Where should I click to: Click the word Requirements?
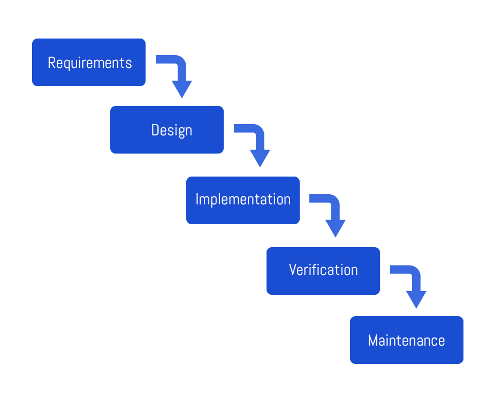coord(89,63)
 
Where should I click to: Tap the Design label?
coord(171,130)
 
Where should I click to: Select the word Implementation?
coord(243,200)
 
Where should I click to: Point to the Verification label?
coord(323,270)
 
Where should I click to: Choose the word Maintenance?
coord(406,340)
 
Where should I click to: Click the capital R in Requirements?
coord(51,63)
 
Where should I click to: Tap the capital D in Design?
coord(155,130)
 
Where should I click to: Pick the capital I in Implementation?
coord(197,200)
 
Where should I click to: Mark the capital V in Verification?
coord(293,270)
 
